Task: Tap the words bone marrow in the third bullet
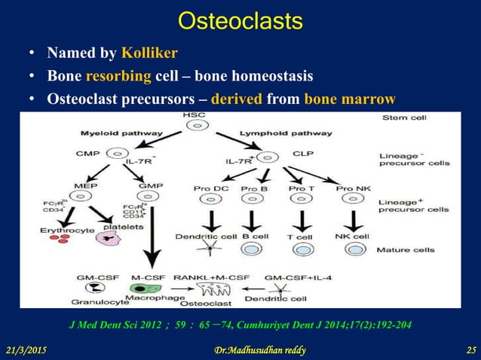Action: point(350,99)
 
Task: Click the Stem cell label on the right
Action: point(405,118)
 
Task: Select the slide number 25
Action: point(467,350)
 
